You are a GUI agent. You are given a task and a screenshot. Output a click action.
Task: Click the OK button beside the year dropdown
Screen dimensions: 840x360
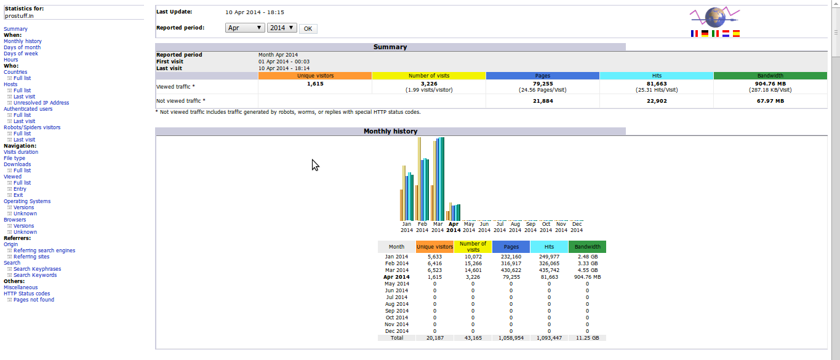coord(308,28)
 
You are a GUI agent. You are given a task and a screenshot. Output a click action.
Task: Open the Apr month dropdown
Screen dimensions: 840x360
coord(245,28)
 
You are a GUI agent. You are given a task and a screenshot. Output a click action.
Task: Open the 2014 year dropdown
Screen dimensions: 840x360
coord(282,28)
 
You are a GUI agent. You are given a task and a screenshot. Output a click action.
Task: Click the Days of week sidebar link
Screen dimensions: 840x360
coord(21,54)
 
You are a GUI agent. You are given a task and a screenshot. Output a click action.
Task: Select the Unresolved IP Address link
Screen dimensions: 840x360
coord(41,103)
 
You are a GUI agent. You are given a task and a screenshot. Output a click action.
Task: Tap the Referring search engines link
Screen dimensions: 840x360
coord(44,250)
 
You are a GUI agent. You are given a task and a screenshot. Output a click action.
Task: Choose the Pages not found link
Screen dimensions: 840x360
coord(34,300)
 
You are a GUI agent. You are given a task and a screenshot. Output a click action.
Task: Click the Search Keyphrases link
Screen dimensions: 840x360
coord(37,269)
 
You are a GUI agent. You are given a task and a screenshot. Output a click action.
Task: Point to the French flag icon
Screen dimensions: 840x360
coord(694,33)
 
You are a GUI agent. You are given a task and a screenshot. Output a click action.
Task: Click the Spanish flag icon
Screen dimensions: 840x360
coord(736,33)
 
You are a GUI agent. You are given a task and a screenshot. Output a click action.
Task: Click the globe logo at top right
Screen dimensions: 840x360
coord(714,17)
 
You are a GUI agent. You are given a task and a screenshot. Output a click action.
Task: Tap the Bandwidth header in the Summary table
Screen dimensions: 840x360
coord(770,76)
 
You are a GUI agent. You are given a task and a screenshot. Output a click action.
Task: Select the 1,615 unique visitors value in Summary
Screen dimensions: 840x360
coord(315,84)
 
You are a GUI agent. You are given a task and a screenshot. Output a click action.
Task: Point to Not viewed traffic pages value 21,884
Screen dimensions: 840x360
coord(543,101)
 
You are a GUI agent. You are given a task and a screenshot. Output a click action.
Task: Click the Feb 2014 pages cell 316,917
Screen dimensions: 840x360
coord(511,263)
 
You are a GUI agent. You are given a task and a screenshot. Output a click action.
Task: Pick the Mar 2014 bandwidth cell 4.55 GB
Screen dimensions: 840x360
coord(587,270)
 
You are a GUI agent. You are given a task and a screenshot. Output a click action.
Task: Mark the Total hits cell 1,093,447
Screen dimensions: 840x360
coord(549,338)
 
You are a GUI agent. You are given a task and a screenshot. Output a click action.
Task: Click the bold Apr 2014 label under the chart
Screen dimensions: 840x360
coord(454,227)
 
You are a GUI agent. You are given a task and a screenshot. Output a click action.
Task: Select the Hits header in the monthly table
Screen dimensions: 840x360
coord(549,247)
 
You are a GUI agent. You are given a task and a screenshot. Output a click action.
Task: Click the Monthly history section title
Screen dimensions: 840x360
coord(390,131)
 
